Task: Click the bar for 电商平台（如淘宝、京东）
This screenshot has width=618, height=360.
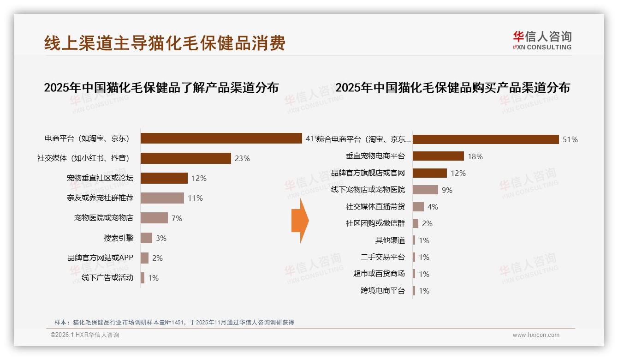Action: tap(221, 138)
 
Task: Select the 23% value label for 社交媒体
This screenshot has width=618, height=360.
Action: tap(242, 158)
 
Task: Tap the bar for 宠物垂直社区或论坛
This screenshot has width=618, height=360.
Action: tap(164, 178)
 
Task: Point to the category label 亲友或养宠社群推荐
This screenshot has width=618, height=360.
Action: tap(100, 198)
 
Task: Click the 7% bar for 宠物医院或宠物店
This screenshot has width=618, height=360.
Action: tap(154, 218)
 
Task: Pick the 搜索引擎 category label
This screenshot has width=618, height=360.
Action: tap(119, 238)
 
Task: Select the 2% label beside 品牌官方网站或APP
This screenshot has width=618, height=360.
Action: tap(157, 258)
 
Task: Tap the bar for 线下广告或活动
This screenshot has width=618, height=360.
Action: tap(143, 278)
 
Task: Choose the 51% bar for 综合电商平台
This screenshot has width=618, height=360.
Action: tap(486, 139)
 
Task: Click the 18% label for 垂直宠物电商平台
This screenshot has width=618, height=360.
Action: tap(475, 156)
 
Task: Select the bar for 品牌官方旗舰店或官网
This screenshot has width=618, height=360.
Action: tap(430, 173)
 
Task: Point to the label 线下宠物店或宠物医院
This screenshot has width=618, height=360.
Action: tap(368, 190)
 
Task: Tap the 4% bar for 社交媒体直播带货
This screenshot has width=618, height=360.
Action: tap(418, 207)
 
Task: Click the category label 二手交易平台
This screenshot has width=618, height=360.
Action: tap(383, 257)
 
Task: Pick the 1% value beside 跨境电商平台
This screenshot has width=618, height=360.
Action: tap(424, 291)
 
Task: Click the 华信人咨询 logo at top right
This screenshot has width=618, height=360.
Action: tap(542, 41)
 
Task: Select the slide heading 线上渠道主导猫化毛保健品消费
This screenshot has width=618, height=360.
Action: tap(165, 43)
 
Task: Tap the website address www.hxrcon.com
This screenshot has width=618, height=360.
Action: tap(536, 335)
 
